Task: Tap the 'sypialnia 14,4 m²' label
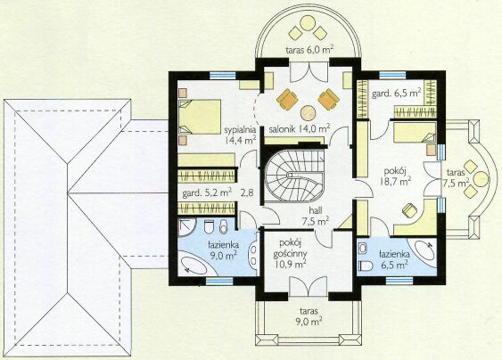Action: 240,135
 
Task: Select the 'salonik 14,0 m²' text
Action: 300,128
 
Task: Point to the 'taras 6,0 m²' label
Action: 309,50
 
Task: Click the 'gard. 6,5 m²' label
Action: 396,94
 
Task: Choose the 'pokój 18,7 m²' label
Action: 395,176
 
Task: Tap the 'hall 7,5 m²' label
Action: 315,216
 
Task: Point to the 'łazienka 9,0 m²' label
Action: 223,250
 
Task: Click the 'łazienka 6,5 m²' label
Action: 394,259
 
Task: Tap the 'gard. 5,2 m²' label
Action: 207,193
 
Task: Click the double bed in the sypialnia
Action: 200,117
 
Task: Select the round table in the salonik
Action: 308,113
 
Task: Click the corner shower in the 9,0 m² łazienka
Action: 186,227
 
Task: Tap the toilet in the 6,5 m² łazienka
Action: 366,266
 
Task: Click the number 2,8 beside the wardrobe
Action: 247,193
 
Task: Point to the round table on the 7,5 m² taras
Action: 481,179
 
